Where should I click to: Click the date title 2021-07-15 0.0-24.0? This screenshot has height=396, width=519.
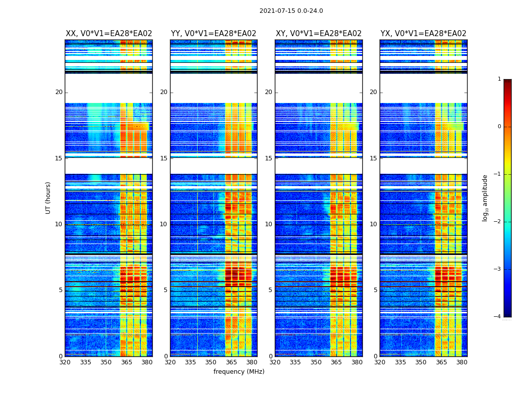pos(291,11)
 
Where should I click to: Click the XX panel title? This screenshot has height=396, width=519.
pos(109,34)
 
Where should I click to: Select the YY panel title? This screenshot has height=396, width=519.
pos(214,34)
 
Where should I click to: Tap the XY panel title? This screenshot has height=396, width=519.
pos(318,34)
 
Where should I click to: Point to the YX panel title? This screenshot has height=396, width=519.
pos(423,34)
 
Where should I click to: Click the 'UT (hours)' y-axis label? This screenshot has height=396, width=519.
pos(48,198)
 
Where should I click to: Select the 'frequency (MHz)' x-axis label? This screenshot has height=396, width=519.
pos(239,372)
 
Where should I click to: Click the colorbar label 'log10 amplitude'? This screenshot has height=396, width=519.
pos(485,198)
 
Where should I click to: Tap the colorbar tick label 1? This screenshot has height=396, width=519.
pos(499,79)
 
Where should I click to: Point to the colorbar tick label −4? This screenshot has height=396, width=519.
pos(498,317)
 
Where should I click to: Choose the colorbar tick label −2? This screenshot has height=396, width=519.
pos(498,222)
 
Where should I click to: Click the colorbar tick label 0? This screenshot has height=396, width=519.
pos(499,127)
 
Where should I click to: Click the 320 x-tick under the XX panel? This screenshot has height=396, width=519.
pos(65,362)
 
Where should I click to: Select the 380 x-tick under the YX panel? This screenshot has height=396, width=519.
pos(462,362)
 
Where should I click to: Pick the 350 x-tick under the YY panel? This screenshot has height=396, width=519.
pos(211,362)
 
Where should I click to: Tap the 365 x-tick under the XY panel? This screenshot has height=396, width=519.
pos(336,362)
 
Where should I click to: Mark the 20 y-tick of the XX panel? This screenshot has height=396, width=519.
pos(59,92)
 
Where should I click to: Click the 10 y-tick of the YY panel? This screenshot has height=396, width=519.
pos(164,224)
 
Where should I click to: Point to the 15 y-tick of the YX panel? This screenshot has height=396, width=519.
pos(373,158)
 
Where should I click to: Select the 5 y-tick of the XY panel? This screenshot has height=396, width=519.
pos(270,290)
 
